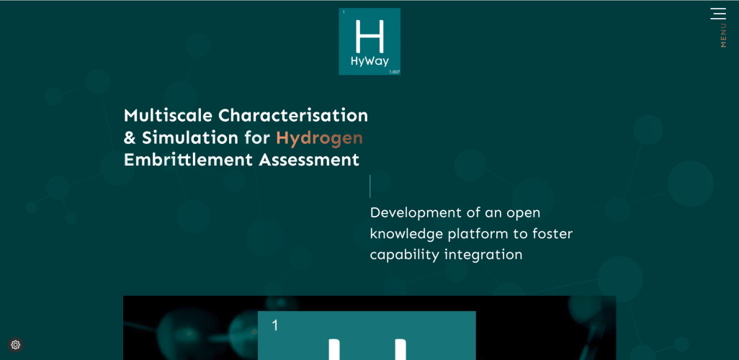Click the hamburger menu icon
click(718, 14)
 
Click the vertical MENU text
click(723, 36)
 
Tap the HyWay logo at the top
click(369, 41)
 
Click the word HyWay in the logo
click(369, 61)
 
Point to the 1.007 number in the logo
click(394, 72)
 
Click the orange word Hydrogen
click(319, 138)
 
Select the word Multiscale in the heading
click(168, 115)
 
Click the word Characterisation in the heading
click(293, 115)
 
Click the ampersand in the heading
click(130, 138)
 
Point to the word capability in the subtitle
click(403, 255)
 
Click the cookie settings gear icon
click(16, 345)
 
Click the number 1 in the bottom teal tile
click(275, 325)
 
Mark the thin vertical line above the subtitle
click(370, 186)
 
